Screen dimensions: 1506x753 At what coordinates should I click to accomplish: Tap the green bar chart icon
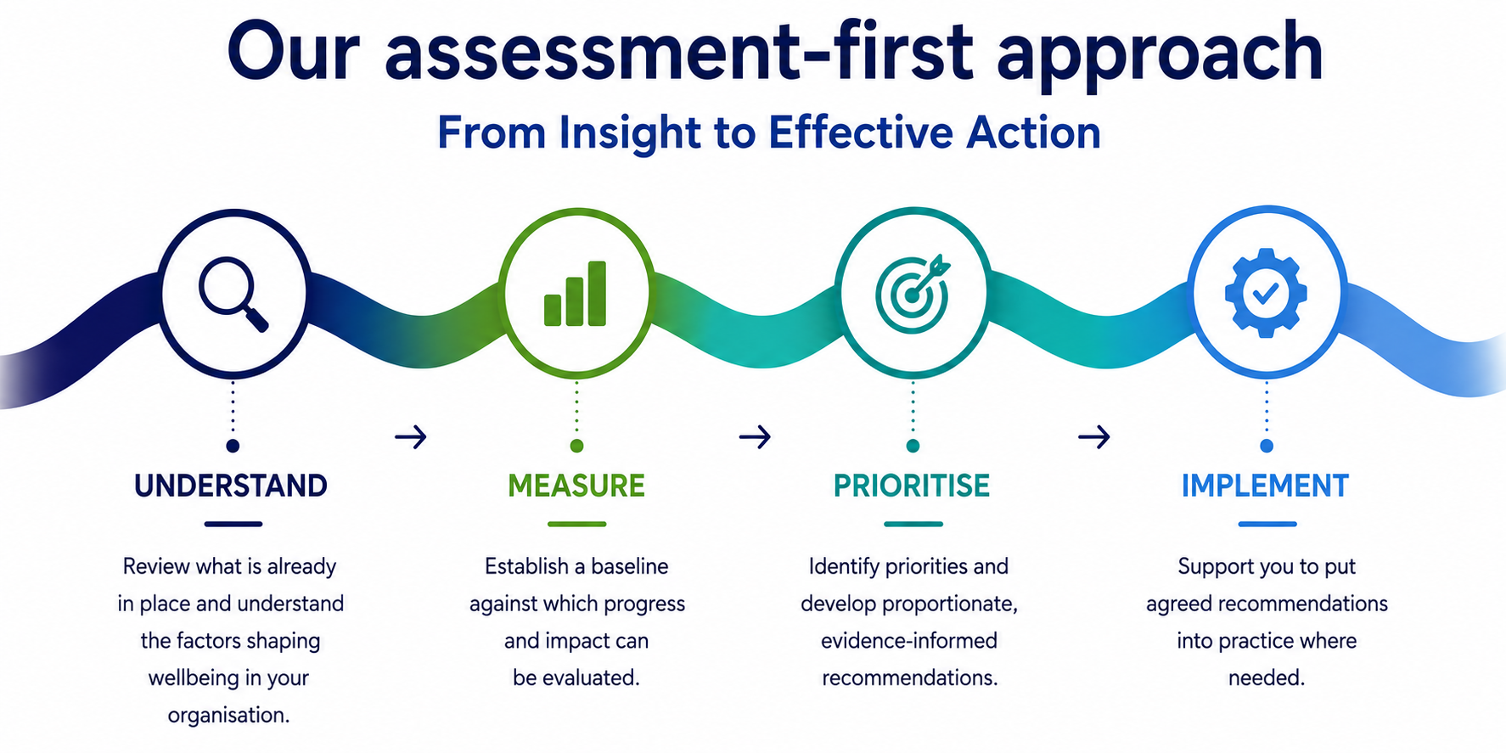coord(575,294)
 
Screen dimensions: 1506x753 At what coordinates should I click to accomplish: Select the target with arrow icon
coord(913,293)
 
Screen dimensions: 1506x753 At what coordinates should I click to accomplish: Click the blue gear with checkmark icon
coord(1266,293)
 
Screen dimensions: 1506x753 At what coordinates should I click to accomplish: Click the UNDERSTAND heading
coord(231,486)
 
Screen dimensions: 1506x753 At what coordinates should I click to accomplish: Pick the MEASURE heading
coord(576,486)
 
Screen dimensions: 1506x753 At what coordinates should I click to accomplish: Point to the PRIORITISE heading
coord(912,486)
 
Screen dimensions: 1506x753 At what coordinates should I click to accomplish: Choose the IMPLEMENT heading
coord(1265,486)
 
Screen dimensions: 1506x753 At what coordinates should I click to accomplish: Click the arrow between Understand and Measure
coord(411,437)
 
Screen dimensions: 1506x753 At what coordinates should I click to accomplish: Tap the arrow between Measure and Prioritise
coord(755,437)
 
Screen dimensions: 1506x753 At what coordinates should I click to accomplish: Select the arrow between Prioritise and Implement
coord(1094,437)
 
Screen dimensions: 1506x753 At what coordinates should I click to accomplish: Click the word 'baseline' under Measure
coord(630,566)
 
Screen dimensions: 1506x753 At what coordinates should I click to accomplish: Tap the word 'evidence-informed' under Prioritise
coord(909,641)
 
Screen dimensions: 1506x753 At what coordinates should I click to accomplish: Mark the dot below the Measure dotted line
coord(576,446)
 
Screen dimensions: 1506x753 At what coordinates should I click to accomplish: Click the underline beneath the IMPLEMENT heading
coord(1267,524)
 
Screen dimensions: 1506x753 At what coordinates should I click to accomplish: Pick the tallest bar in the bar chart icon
coord(597,294)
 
